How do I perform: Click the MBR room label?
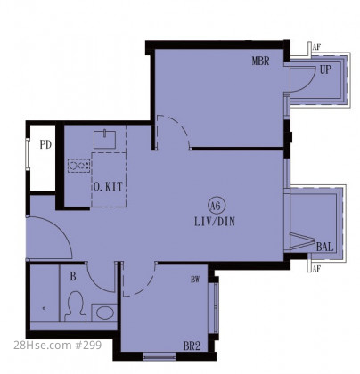tap(260, 61)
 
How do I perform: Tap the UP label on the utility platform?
tap(325, 69)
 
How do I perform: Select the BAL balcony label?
tap(324, 247)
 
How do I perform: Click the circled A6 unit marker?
tap(217, 206)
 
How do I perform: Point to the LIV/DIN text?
tap(215, 222)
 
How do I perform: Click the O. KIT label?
tap(108, 187)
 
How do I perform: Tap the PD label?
tap(45, 145)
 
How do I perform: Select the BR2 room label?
tap(192, 346)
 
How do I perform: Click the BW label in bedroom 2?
tap(195, 280)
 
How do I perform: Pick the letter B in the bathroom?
tap(73, 277)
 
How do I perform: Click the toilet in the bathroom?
tap(76, 306)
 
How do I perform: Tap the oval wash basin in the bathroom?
tap(105, 313)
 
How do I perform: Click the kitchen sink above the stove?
tap(105, 139)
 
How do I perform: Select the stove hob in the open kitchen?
tap(78, 166)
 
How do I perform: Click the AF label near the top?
tap(316, 46)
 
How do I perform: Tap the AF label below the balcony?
tap(316, 269)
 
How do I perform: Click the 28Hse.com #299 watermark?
tap(58, 345)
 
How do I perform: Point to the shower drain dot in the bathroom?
tap(44, 308)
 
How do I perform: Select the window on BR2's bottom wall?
tap(160, 356)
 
